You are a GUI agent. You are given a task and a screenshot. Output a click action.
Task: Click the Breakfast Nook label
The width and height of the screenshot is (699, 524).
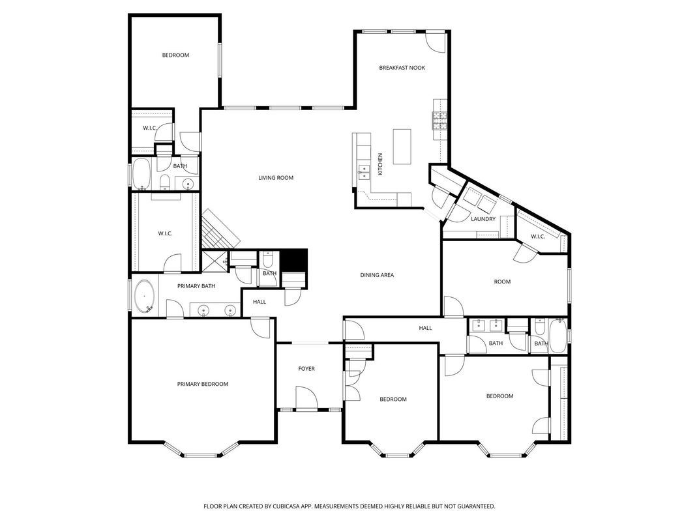click(402, 68)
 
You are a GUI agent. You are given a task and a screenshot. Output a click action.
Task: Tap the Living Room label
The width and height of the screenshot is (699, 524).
click(276, 178)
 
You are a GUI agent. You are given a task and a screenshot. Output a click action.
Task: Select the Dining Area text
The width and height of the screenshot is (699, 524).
click(377, 275)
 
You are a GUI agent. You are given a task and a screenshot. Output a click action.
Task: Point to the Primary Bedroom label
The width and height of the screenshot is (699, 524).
click(203, 385)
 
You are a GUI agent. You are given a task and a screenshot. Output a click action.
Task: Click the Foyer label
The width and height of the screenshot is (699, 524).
click(306, 369)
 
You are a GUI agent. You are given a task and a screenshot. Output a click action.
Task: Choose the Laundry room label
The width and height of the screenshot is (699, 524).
click(483, 219)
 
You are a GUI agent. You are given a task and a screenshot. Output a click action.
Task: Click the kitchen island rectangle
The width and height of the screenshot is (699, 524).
click(402, 147)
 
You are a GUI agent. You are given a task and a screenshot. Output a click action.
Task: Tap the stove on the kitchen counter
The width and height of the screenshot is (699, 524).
click(439, 121)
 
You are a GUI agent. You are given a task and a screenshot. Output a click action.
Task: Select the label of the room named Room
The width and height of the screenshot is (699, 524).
click(502, 282)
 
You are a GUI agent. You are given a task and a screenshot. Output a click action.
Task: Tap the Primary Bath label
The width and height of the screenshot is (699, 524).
click(196, 286)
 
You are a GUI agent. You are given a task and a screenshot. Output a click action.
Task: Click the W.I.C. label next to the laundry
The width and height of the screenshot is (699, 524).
click(537, 237)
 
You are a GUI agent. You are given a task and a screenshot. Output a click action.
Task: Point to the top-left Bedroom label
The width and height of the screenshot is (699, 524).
click(175, 55)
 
